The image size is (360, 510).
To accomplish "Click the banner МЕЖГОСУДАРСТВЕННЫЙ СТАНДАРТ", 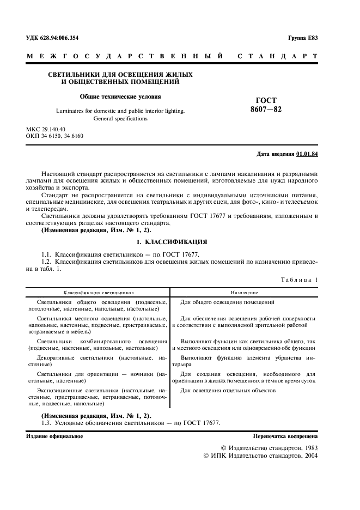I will pos(172,56).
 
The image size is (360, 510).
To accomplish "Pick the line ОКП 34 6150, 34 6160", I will pos(54,136).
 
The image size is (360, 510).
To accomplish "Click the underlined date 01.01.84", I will pos(307,154).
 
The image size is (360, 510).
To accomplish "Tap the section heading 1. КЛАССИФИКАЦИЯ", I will pos(172,241).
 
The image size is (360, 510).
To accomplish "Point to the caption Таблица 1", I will pos(299,280).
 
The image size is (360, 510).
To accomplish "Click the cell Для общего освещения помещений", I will pos(227,302).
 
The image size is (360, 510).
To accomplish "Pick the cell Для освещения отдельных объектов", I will pos(228,391).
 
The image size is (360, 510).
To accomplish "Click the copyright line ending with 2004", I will pos(260,455).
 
